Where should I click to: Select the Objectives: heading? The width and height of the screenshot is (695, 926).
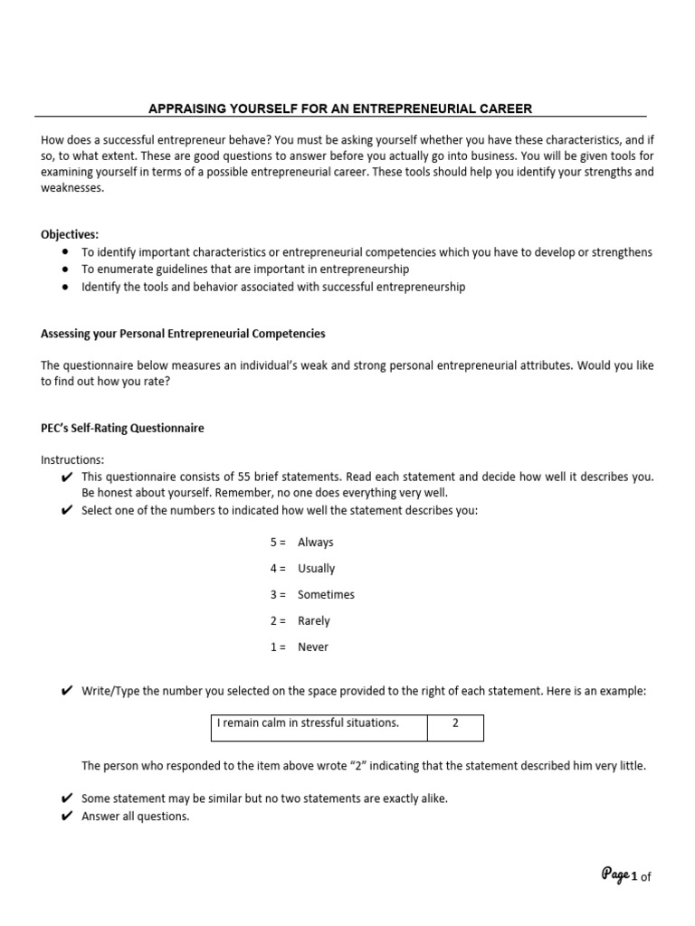pyautogui.click(x=70, y=234)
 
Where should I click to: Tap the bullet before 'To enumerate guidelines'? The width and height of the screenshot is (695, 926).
pyautogui.click(x=67, y=269)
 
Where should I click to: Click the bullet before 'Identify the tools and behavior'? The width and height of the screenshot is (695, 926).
pyautogui.click(x=67, y=287)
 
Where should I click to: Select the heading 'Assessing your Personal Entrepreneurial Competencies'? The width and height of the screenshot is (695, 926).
pyautogui.click(x=183, y=334)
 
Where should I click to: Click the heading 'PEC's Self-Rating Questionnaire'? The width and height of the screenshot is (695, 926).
pyautogui.click(x=122, y=429)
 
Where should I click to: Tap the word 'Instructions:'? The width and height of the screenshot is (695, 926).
pyautogui.click(x=72, y=459)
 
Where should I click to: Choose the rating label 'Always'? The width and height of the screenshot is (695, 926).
pyautogui.click(x=315, y=543)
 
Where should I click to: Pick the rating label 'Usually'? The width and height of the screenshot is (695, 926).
pyautogui.click(x=316, y=569)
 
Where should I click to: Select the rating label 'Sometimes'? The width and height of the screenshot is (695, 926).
pyautogui.click(x=326, y=595)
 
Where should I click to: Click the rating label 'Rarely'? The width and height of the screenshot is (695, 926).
pyautogui.click(x=313, y=621)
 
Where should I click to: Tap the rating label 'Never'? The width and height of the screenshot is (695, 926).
pyautogui.click(x=312, y=647)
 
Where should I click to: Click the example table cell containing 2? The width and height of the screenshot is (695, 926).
pyautogui.click(x=455, y=723)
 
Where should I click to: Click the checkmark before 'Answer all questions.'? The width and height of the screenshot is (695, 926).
pyautogui.click(x=67, y=817)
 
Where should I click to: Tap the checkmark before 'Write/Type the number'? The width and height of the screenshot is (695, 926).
pyautogui.click(x=67, y=692)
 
